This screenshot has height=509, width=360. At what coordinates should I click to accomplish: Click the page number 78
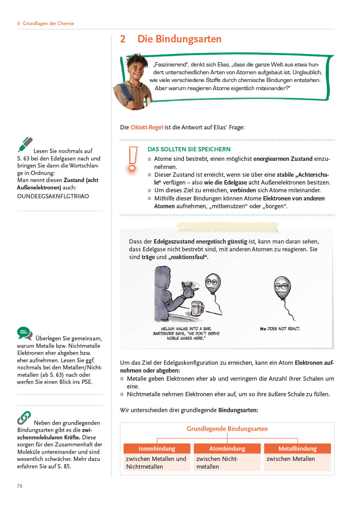pyautogui.click(x=20, y=486)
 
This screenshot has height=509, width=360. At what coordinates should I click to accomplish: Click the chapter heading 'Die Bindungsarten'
pyautogui.click(x=179, y=39)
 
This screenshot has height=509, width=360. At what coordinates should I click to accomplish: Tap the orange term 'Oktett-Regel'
pyautogui.click(x=146, y=127)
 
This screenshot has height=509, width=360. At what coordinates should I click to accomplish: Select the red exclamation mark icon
pyautogui.click(x=133, y=160)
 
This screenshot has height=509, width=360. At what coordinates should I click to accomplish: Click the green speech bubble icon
pyautogui.click(x=24, y=333)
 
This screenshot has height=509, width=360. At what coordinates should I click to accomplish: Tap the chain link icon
pyautogui.click(x=24, y=418)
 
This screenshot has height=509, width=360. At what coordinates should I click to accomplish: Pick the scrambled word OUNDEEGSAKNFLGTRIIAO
pyautogui.click(x=53, y=196)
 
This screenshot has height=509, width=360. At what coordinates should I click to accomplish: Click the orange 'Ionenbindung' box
pyautogui.click(x=157, y=449)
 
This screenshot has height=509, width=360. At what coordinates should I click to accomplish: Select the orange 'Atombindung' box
pyautogui.click(x=227, y=449)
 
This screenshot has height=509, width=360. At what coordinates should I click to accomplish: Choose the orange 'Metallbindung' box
pyautogui.click(x=297, y=449)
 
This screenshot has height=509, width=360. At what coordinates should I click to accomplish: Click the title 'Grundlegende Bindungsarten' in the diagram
pyautogui.click(x=227, y=429)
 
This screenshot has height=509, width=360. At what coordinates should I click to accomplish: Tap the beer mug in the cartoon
pyautogui.click(x=197, y=308)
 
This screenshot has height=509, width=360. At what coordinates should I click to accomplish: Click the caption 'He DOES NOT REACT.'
pyautogui.click(x=280, y=329)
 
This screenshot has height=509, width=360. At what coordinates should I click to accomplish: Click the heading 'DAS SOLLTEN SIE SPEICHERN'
pyautogui.click(x=189, y=149)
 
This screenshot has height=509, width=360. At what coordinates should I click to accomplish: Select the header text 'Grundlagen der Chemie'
pyautogui.click(x=48, y=23)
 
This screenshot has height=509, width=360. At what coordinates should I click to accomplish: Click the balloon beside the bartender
pyautogui.click(x=213, y=283)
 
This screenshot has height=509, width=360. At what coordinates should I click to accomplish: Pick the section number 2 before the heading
pyautogui.click(x=123, y=39)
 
